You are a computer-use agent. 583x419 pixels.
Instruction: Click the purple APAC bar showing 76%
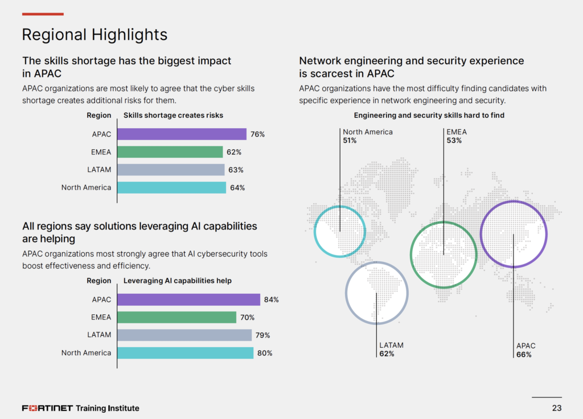182,134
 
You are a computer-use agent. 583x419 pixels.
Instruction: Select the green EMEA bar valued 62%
170,152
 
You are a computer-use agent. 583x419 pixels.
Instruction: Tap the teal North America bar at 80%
185,353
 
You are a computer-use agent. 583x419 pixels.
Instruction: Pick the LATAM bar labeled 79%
184,335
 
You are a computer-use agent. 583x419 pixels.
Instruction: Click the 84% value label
272,300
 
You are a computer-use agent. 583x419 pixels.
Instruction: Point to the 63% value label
236,170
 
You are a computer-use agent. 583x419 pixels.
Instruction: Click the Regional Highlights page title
95,35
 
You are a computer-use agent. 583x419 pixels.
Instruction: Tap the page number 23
557,408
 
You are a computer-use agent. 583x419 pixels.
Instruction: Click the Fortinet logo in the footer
47,408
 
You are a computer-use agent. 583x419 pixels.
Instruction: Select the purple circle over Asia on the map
514,233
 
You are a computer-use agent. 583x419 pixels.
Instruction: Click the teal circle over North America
340,231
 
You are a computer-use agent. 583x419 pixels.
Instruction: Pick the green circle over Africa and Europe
444,254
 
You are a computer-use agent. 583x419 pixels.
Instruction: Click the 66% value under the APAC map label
524,355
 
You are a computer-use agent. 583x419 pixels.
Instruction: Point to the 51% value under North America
350,141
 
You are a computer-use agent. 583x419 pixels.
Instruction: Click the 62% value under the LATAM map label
387,354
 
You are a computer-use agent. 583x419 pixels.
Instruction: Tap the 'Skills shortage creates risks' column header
173,116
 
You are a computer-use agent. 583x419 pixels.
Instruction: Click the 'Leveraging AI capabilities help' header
178,281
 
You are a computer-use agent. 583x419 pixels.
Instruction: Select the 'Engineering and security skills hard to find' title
429,116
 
